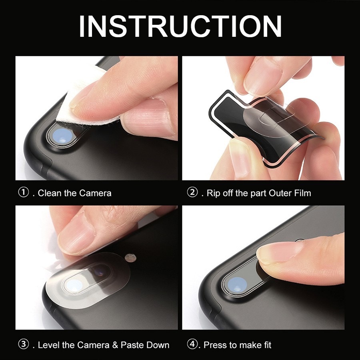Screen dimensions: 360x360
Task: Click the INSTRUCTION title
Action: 180,26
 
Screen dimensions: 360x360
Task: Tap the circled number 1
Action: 24,192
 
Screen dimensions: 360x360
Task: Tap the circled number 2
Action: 192,192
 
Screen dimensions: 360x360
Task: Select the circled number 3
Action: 24,344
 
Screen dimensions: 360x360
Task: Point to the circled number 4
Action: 192,344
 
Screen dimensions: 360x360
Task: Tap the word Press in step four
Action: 215,345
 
